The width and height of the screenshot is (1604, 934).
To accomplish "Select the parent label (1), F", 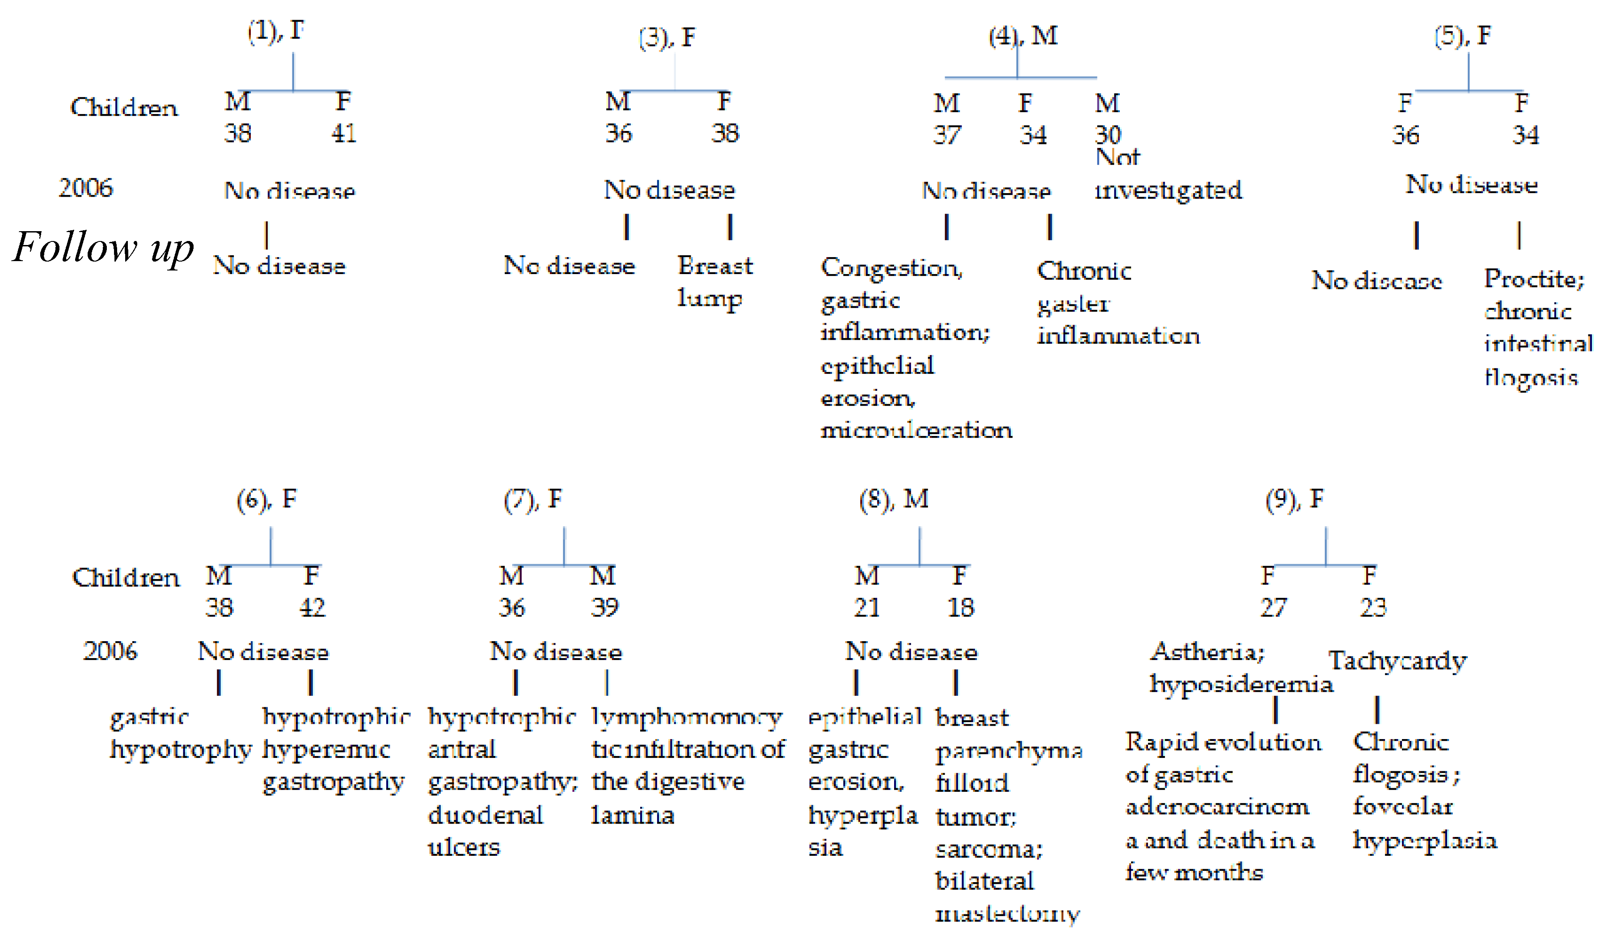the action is [x=276, y=30].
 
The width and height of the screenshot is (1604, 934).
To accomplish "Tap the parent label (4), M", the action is [x=1023, y=36].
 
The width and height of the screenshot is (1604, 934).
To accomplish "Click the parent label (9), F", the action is [x=1294, y=499].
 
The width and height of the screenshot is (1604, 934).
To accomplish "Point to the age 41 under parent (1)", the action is [x=344, y=134].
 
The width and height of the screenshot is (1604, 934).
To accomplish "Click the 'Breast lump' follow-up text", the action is [x=714, y=281].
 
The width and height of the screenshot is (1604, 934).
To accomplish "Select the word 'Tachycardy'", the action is [x=1397, y=661].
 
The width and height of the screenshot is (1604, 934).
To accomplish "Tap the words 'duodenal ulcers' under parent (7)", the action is [x=485, y=831].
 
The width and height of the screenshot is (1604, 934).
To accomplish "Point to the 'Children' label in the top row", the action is [x=124, y=107].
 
